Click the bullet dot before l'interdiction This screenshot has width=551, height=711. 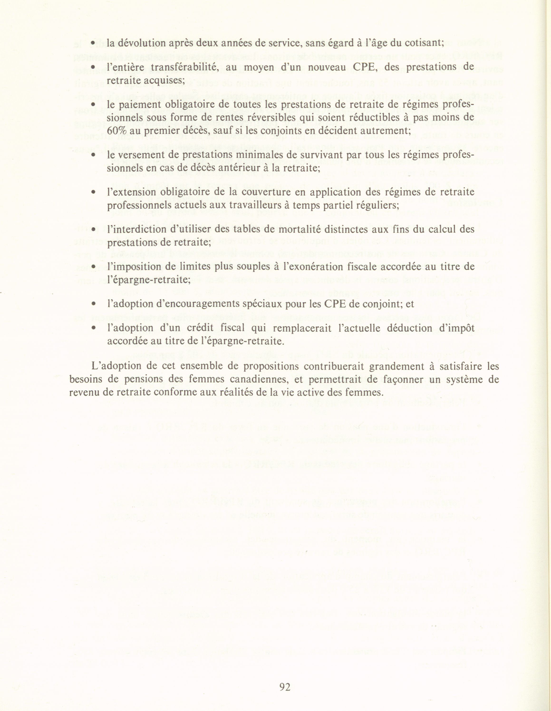[x=93, y=229]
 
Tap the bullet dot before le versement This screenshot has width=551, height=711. [x=93, y=155]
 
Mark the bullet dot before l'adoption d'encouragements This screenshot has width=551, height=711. [x=93, y=304]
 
